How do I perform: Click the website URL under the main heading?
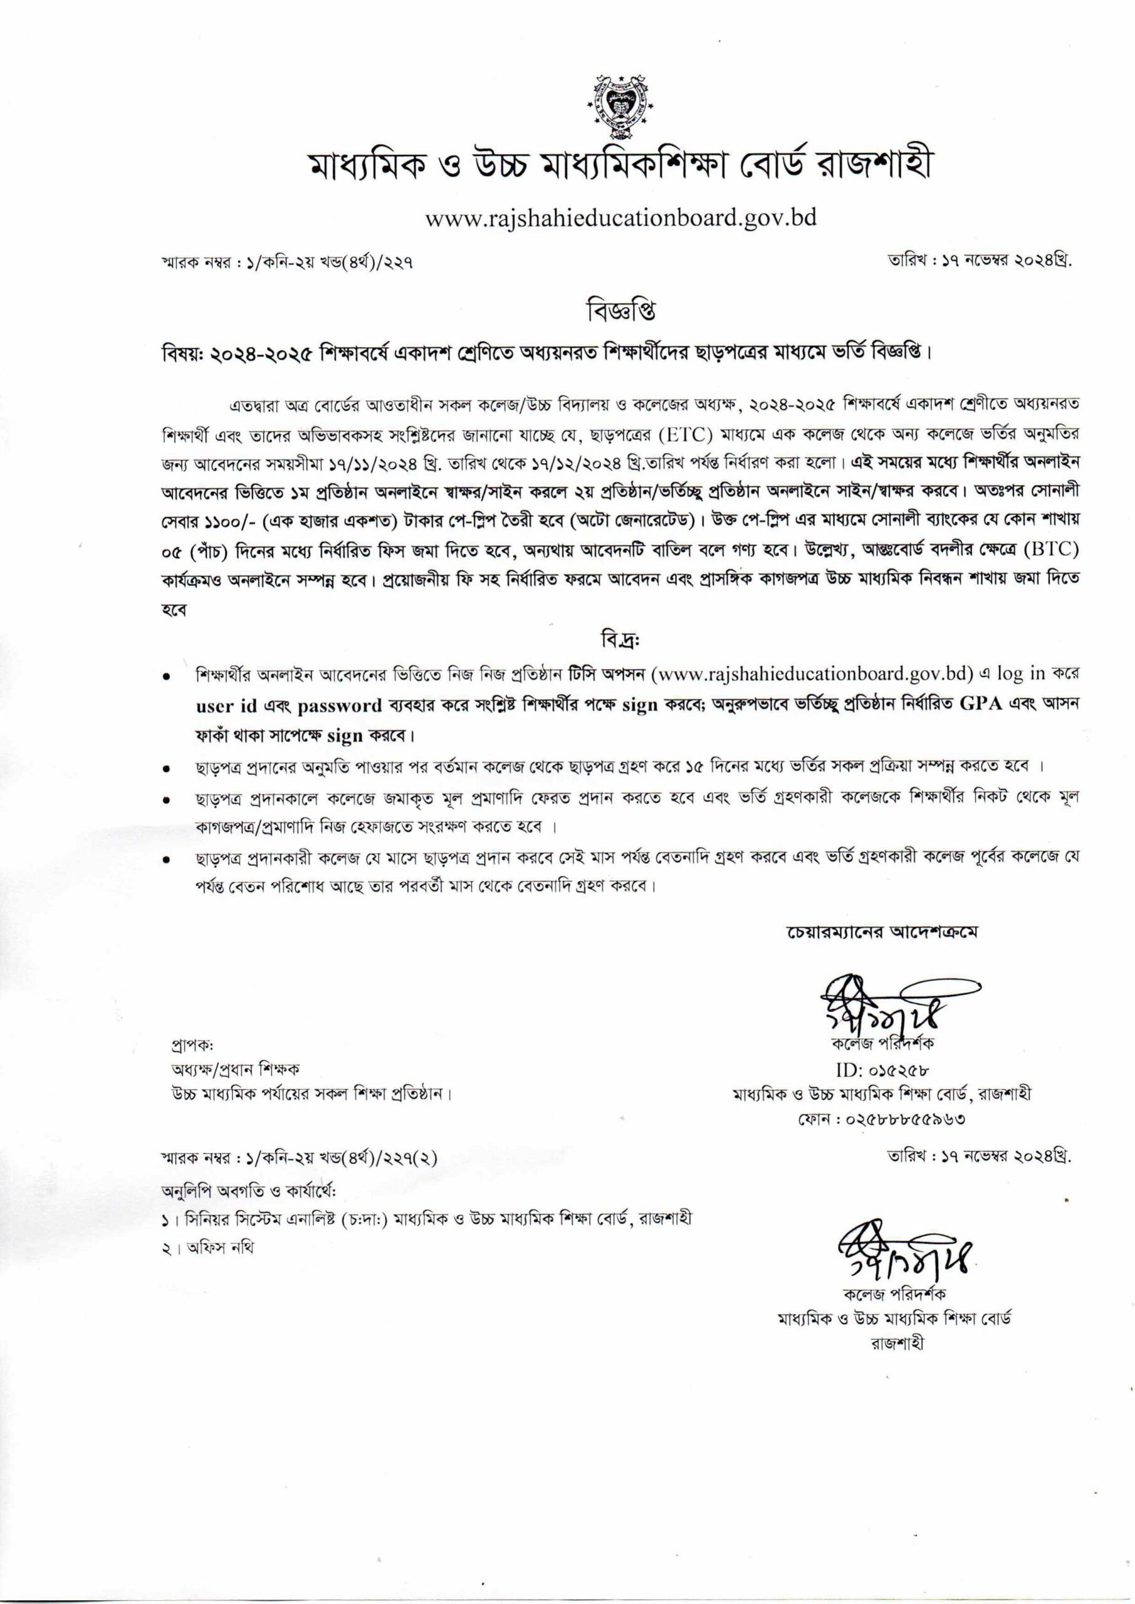tap(621, 217)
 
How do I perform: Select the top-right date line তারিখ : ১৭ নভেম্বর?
tap(978, 261)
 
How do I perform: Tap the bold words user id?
tap(226, 705)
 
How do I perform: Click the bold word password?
tap(340, 705)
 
